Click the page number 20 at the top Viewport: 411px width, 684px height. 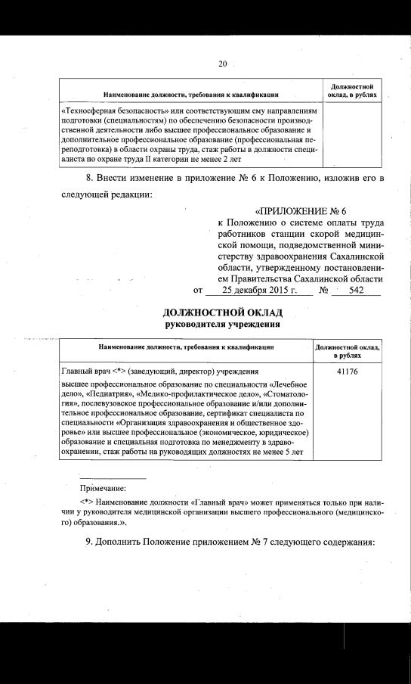point(222,64)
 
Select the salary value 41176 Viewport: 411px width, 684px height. point(348,372)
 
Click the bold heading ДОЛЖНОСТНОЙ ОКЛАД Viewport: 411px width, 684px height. point(223,312)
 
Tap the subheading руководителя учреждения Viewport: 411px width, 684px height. point(223,325)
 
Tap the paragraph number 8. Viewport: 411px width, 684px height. point(91,178)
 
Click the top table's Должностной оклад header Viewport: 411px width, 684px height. point(351,90)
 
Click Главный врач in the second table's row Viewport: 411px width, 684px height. point(83,372)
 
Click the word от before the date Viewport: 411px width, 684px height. point(199,290)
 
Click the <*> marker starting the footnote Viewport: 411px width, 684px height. point(87,502)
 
